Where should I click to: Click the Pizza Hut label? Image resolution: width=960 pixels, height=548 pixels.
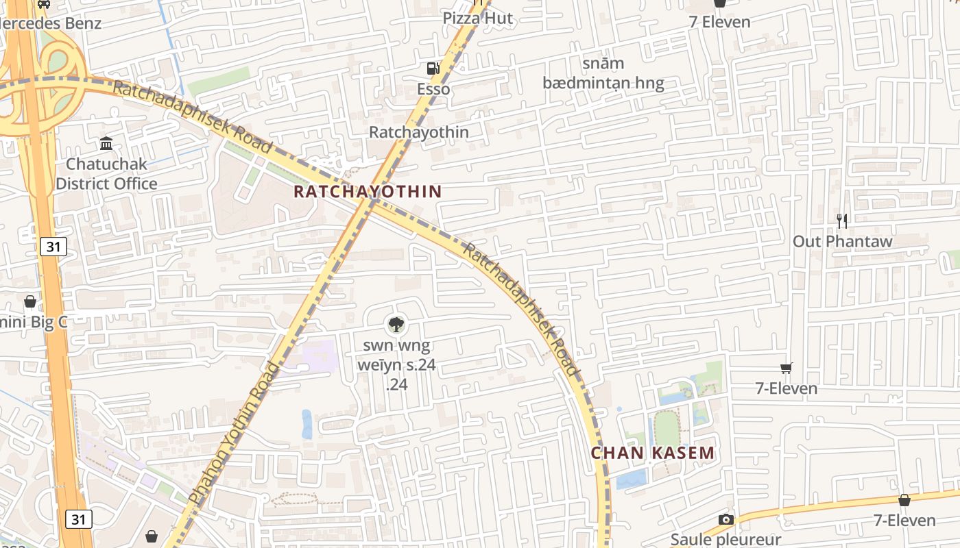[477, 18]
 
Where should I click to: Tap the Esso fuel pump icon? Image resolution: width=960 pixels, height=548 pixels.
[433, 68]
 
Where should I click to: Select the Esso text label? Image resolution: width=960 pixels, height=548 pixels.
[433, 89]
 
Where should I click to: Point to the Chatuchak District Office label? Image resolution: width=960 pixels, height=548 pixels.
[106, 174]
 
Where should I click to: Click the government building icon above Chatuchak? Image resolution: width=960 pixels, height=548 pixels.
[106, 144]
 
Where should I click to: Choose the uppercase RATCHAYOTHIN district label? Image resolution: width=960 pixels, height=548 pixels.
[368, 191]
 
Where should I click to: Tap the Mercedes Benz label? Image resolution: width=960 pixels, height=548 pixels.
[51, 23]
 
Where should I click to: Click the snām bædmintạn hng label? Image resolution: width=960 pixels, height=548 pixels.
[603, 74]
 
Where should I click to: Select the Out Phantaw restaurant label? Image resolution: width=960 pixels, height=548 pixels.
[843, 241]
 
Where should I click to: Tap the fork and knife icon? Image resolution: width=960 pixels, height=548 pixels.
[843, 221]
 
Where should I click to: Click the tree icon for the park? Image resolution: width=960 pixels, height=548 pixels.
[396, 324]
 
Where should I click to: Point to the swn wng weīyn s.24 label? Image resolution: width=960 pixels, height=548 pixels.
[396, 364]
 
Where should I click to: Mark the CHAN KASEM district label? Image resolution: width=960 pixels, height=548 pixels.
[653, 453]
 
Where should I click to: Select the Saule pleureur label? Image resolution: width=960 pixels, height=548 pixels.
[725, 539]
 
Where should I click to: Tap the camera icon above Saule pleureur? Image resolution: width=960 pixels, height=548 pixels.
[725, 519]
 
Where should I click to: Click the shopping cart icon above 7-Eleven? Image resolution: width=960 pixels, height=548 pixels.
[787, 369]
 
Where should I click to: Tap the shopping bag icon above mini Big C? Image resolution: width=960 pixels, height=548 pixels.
[30, 301]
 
